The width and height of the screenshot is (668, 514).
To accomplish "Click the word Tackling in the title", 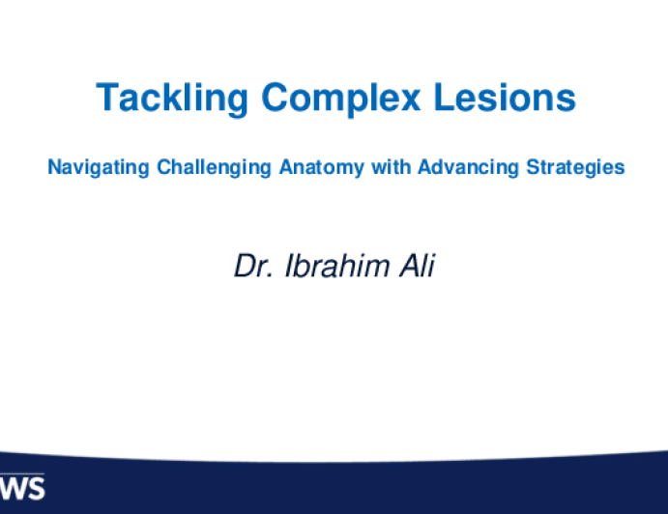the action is (172, 99).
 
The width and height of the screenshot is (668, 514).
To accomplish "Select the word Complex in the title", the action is (341, 99).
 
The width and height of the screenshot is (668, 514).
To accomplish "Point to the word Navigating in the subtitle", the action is (99, 167).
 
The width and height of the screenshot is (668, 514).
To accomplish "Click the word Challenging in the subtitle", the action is (214, 167).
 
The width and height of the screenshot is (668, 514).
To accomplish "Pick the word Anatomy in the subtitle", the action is (322, 167).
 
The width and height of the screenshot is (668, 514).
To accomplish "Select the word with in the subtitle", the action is (392, 166).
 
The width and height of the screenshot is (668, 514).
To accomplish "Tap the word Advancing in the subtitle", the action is (468, 167).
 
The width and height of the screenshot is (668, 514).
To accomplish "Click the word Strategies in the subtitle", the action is (575, 167).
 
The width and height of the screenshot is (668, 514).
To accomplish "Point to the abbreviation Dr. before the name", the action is (254, 266).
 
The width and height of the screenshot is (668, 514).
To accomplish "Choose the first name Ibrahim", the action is (337, 266).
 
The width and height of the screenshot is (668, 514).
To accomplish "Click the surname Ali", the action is (418, 266).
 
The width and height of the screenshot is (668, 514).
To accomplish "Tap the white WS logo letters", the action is (22, 488).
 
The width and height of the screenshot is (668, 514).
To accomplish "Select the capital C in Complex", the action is (275, 97).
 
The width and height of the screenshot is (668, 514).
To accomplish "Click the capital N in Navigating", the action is (54, 166).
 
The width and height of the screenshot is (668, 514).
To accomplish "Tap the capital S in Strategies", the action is (533, 166).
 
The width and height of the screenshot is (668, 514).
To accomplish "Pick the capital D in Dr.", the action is (246, 266).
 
